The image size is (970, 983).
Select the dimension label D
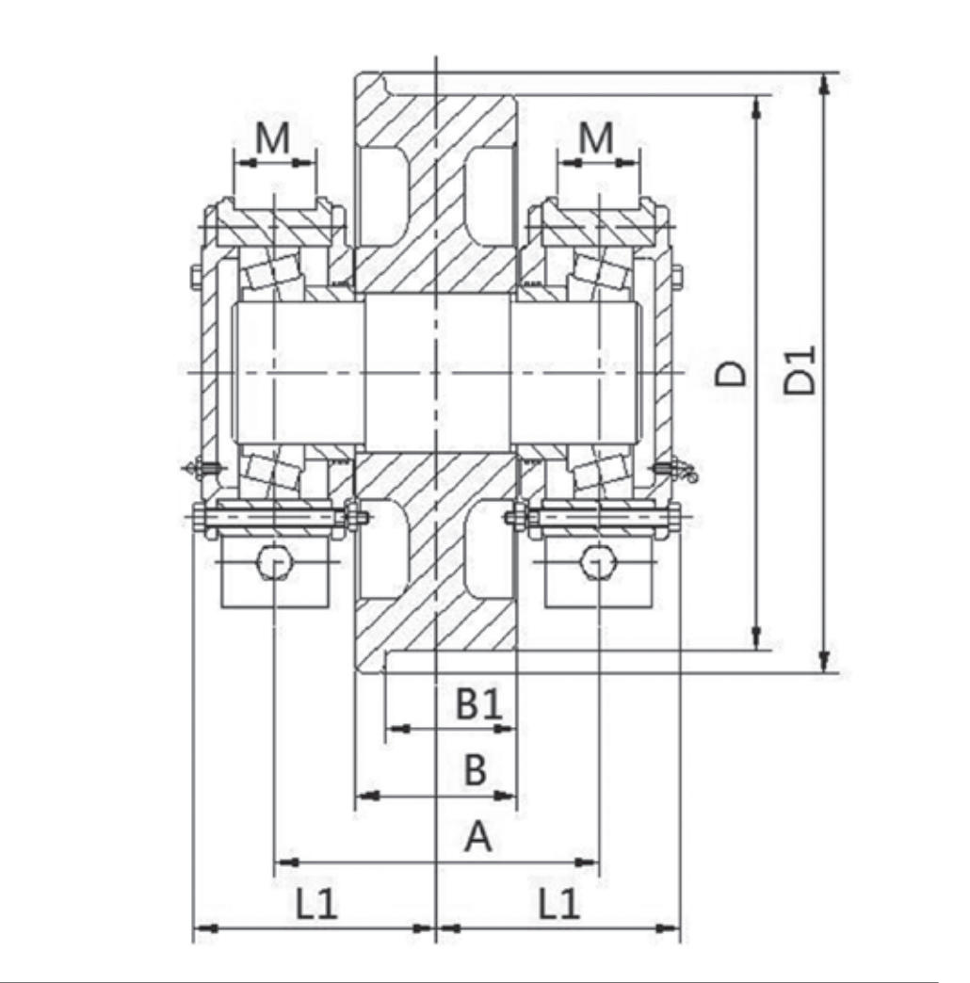[x=732, y=374]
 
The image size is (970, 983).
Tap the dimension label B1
[x=478, y=703]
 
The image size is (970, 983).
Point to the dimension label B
[x=476, y=769]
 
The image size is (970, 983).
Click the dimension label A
[x=477, y=836]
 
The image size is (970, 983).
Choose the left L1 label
[x=317, y=903]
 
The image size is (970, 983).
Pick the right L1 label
[x=559, y=903]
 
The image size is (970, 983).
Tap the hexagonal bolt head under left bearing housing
[x=275, y=561]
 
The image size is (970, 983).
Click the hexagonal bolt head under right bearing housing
[x=598, y=561]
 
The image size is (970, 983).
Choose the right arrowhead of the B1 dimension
[x=506, y=729]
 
